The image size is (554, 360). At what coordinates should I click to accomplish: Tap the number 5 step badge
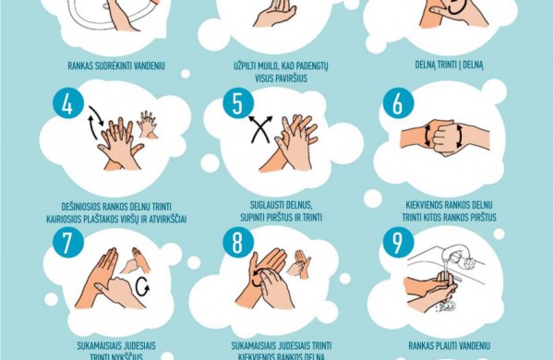[x=238, y=103]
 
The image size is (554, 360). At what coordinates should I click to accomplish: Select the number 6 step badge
[x=398, y=103]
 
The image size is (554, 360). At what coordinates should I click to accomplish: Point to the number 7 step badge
[x=67, y=243]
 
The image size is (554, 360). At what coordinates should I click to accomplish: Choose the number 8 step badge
[x=238, y=243]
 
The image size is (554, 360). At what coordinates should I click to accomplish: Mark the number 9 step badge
[x=398, y=243]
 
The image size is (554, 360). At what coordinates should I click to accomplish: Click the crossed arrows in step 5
[x=260, y=129]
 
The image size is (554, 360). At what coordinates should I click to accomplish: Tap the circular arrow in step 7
[x=142, y=286]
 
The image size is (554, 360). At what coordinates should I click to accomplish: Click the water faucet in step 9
[x=459, y=255]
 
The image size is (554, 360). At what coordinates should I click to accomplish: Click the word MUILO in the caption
[x=269, y=66]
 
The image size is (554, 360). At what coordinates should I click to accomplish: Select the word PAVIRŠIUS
[x=282, y=78]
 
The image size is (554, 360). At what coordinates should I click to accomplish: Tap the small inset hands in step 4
[x=147, y=125]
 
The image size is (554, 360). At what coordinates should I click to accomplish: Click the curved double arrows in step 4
[x=95, y=122]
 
